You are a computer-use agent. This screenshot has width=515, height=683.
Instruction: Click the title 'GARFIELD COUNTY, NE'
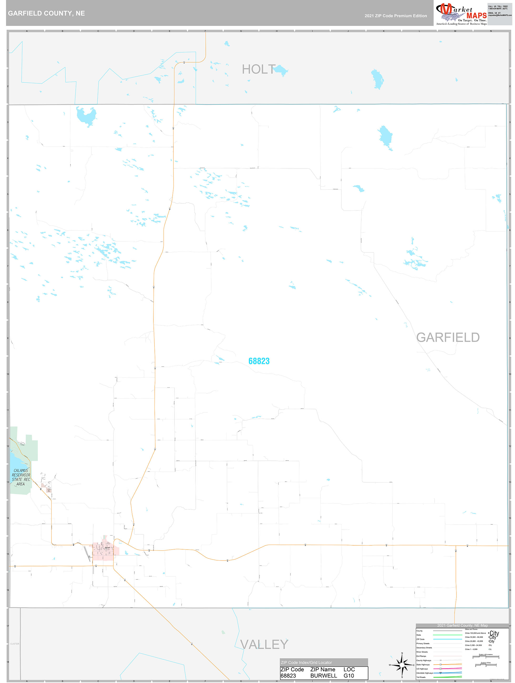click(46, 13)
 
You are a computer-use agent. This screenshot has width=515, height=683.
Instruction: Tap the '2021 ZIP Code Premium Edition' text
click(395, 16)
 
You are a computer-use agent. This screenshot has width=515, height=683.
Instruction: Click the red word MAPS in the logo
click(476, 15)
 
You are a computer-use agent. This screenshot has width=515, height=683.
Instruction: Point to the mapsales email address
click(499, 15)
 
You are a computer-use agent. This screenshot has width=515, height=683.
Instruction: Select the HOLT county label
click(259, 69)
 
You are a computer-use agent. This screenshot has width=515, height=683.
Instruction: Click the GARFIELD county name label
click(448, 338)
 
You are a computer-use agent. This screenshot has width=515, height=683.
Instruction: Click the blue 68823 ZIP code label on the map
click(259, 361)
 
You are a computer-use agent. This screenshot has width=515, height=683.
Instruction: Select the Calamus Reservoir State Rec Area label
click(21, 477)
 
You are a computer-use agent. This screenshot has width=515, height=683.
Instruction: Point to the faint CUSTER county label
click(14, 644)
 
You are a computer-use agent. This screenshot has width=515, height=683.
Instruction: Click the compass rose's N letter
click(402, 653)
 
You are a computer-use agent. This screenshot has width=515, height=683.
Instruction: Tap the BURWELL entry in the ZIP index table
click(323, 676)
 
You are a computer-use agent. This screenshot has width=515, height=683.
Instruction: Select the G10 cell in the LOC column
click(349, 676)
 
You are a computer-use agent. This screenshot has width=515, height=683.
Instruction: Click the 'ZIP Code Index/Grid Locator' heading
click(306, 662)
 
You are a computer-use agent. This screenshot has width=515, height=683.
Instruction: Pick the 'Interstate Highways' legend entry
click(425, 673)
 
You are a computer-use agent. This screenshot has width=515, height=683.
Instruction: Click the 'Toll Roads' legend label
click(421, 677)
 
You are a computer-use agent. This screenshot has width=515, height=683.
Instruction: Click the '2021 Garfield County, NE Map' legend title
click(462, 625)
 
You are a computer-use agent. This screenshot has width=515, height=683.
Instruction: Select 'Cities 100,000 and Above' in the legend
click(475, 633)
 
